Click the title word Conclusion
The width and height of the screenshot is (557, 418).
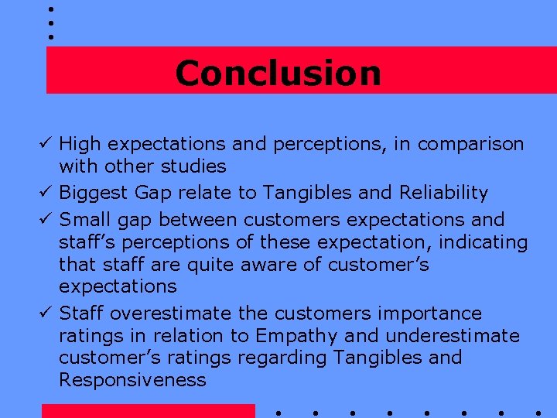[x=278, y=74]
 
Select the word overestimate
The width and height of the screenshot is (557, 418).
[x=170, y=313]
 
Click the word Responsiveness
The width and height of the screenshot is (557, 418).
[x=132, y=380]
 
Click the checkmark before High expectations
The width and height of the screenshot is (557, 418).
[x=47, y=144]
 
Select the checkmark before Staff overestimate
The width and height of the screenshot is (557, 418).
[x=47, y=313]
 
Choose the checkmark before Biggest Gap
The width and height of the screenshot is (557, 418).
[x=47, y=193]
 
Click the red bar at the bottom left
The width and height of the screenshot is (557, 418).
[x=148, y=410]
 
